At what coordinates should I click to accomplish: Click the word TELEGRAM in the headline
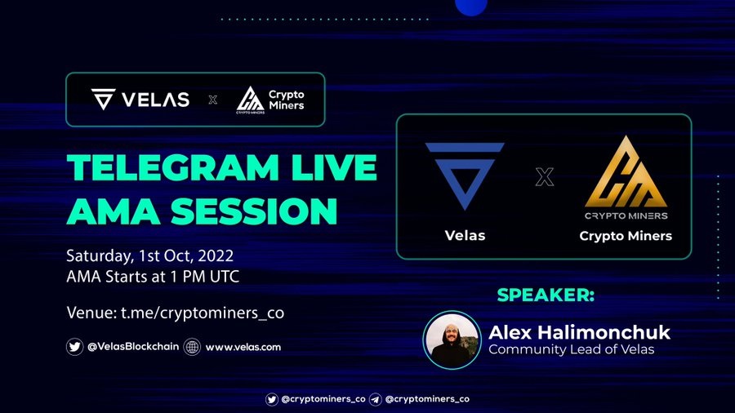coord(173,167)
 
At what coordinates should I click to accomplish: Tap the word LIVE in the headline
coord(334,167)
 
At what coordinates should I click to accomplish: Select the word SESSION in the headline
coord(254,211)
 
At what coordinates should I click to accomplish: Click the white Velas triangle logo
coord(103,99)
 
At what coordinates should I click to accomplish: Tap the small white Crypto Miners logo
coord(251,100)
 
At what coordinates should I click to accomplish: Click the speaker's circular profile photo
coord(452,340)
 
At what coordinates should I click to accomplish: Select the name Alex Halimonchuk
coord(579,332)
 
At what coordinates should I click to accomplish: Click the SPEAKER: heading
coord(546,295)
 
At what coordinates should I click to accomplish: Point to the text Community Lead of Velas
coord(572,349)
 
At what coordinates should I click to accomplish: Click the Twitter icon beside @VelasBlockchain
coord(74,347)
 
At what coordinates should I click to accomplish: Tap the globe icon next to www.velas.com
coord(192,347)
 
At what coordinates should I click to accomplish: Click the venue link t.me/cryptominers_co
coord(203,313)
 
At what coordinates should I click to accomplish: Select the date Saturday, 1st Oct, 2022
coord(150,255)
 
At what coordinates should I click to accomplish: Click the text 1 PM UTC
coord(205,276)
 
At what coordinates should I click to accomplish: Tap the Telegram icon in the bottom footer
coord(375,399)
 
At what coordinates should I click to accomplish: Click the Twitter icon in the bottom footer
coord(272,399)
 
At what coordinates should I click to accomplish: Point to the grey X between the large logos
coord(544,177)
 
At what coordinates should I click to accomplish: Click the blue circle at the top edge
coord(471,6)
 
